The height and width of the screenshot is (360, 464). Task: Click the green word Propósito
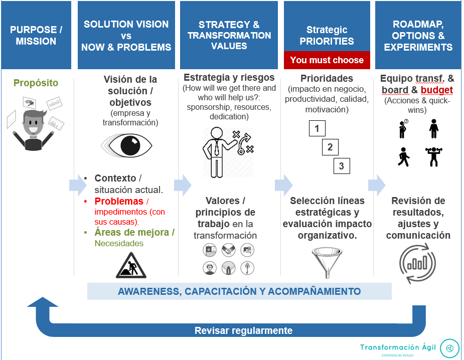point(36,83)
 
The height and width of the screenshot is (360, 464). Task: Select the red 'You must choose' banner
point(327,60)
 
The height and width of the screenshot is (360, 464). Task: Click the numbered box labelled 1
point(317,128)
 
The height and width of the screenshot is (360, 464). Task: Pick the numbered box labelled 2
point(330,147)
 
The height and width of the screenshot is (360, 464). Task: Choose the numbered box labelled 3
point(342,166)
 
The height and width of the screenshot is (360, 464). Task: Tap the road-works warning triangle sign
point(131,265)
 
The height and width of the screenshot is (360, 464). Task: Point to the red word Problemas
point(119,201)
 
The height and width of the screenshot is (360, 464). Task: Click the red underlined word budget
point(437,90)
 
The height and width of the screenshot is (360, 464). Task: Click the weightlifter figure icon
point(434,156)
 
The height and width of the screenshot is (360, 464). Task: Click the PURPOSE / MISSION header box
point(36,35)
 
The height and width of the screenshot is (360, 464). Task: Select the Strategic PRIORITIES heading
point(327,36)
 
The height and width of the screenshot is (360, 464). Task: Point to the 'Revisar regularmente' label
point(243,330)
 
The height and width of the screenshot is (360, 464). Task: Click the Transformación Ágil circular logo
point(449,348)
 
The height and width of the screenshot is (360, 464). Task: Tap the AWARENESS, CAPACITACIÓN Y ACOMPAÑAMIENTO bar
point(239,291)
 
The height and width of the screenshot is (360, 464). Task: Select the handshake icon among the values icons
point(228,250)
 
